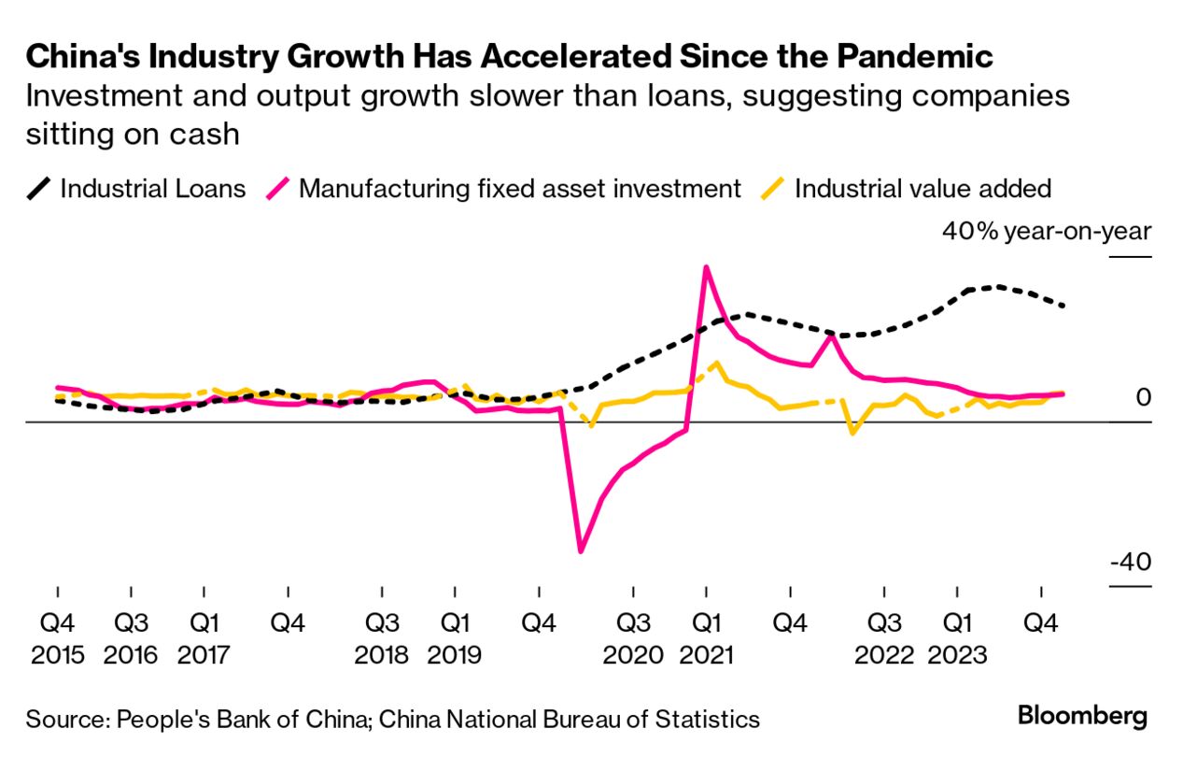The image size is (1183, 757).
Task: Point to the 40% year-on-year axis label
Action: (1047, 232)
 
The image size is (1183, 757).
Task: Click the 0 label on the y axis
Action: (1143, 398)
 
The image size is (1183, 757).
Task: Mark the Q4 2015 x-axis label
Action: (58, 637)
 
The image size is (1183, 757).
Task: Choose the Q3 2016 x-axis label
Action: (131, 637)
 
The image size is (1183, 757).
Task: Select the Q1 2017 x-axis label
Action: (204, 637)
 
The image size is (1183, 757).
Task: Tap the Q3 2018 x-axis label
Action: (381, 637)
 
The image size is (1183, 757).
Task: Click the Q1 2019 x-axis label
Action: (454, 637)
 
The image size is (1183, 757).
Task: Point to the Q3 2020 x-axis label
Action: (633, 637)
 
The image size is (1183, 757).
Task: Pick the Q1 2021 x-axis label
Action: (706, 637)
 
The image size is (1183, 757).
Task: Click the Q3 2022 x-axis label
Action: (884, 637)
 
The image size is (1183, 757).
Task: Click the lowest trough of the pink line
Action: (581, 551)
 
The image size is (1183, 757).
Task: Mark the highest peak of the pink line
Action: (706, 267)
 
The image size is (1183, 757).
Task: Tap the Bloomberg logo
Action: (1082, 717)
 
